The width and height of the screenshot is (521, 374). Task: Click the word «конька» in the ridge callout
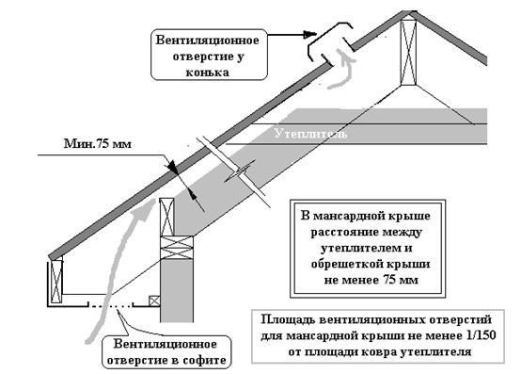click(x=207, y=73)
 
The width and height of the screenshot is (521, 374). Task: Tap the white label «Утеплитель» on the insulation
click(x=311, y=134)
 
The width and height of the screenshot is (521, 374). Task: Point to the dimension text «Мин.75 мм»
click(x=98, y=144)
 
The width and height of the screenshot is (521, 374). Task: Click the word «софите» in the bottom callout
click(x=204, y=360)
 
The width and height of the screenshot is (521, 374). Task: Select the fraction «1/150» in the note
click(x=480, y=335)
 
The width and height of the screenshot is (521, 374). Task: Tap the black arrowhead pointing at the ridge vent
click(x=310, y=34)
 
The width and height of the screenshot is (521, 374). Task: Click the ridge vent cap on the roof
click(x=330, y=41)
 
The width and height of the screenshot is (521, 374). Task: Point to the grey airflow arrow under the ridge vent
click(x=342, y=69)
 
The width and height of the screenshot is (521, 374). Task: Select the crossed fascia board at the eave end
click(x=56, y=282)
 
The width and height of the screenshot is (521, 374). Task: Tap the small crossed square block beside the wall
click(x=154, y=301)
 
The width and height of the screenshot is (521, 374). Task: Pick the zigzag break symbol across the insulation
click(x=239, y=171)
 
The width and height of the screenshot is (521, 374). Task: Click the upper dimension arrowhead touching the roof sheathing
click(x=173, y=167)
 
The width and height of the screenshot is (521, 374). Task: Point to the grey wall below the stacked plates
click(x=177, y=290)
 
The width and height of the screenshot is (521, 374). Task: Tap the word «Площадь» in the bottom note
click(x=288, y=320)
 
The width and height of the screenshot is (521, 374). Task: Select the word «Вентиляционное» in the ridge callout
click(x=207, y=41)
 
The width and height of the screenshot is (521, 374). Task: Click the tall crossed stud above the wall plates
click(x=166, y=217)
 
